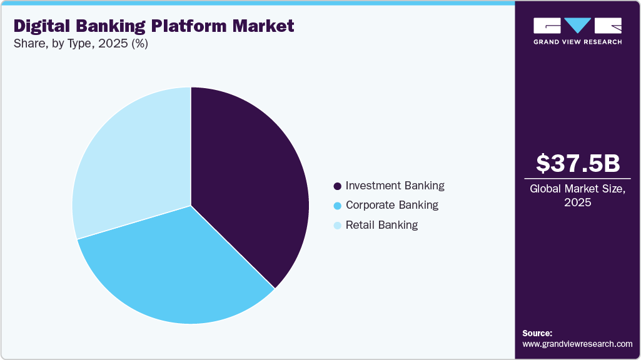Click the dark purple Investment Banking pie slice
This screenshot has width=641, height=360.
[x=250, y=181]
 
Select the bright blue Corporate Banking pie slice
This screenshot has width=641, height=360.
[x=175, y=269]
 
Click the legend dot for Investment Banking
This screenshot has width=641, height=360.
[x=338, y=186]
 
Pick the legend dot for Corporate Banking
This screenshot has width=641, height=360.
[x=338, y=206]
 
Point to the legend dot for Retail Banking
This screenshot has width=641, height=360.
[x=338, y=226]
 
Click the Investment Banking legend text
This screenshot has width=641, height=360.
[x=395, y=186]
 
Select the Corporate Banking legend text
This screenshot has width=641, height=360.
[x=391, y=205]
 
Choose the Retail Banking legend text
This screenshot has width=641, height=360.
[x=381, y=225]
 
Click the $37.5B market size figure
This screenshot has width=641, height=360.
[x=578, y=163]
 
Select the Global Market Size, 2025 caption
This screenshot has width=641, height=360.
[x=578, y=196]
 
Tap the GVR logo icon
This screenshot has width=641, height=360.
[x=577, y=26]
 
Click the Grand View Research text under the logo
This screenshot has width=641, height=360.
[x=577, y=42]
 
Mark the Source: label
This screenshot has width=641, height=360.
[x=537, y=333]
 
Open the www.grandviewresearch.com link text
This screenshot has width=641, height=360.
[x=577, y=344]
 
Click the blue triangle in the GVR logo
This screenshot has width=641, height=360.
[x=577, y=26]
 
